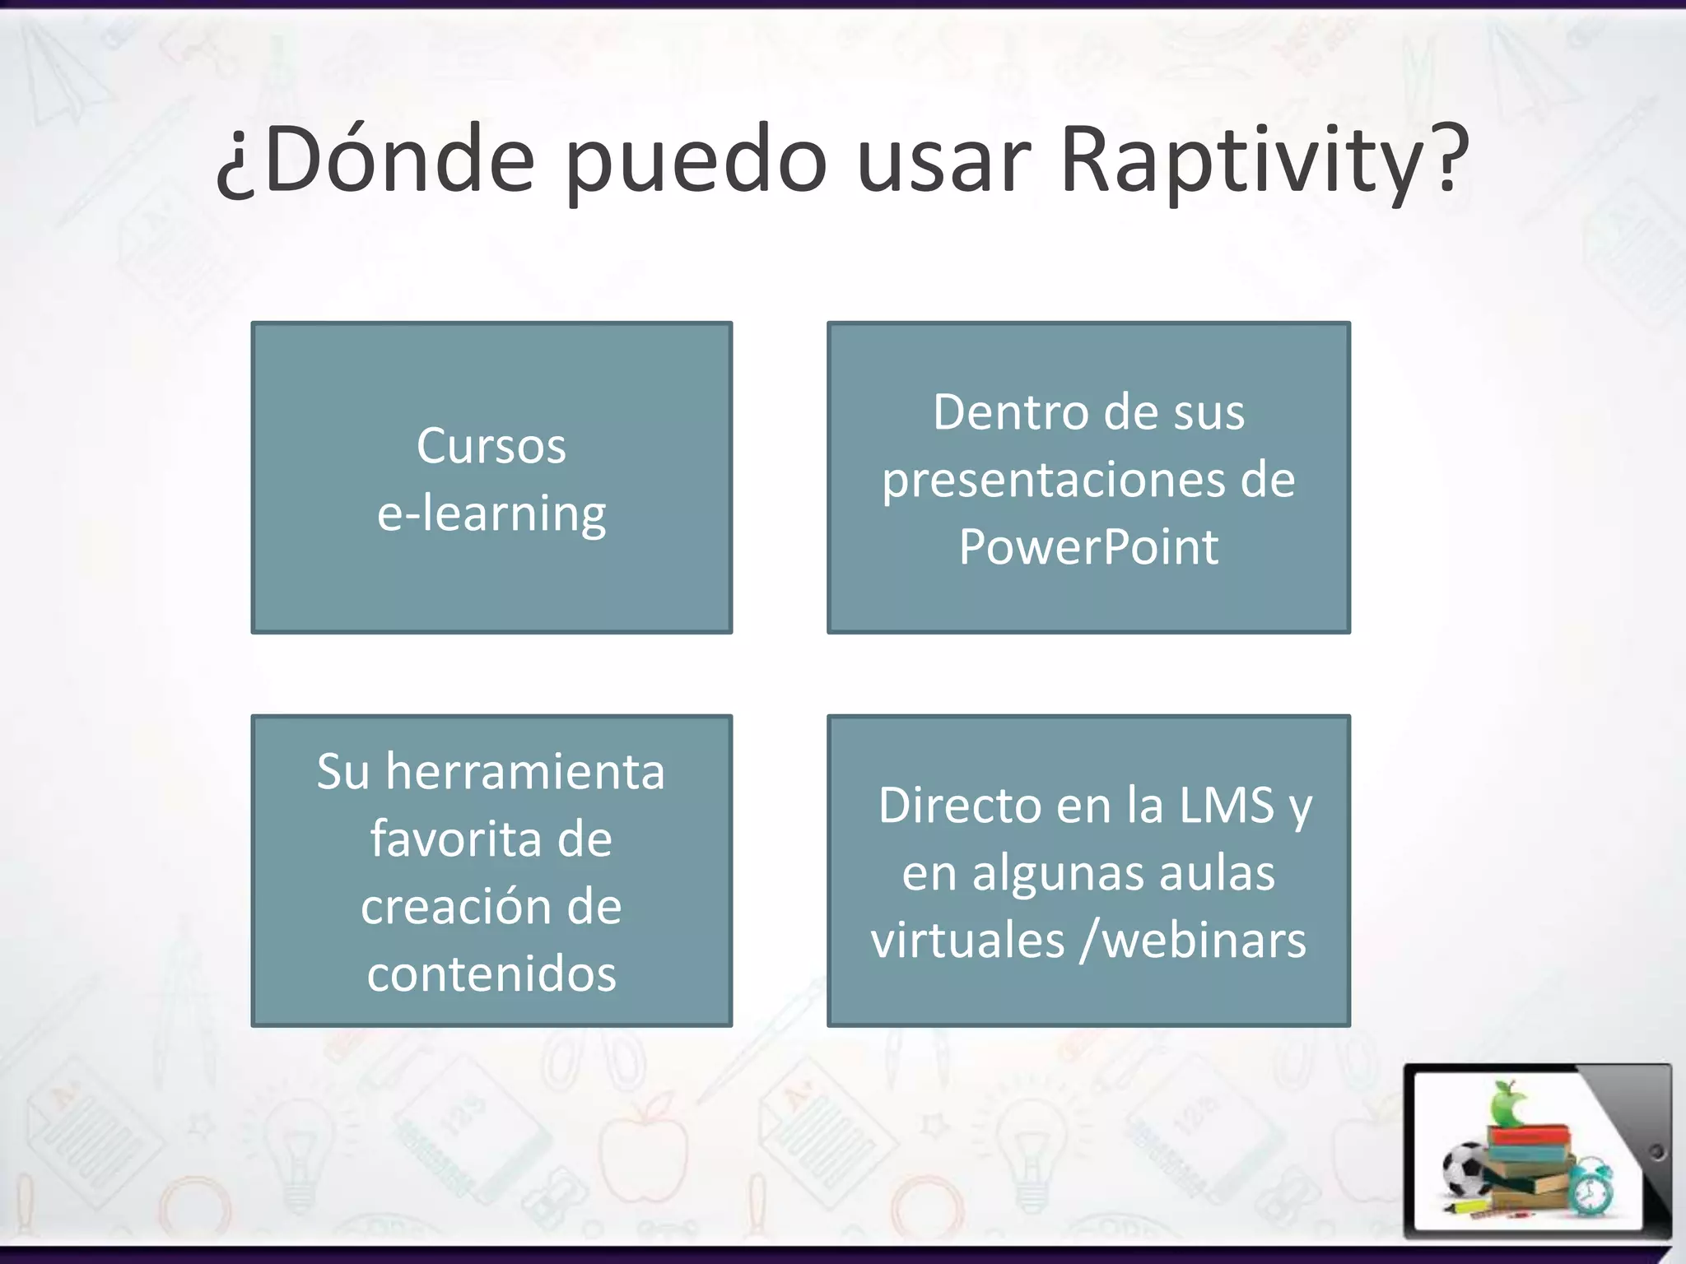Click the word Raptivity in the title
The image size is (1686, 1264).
tap(1264, 160)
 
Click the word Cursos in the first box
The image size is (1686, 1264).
tap(491, 447)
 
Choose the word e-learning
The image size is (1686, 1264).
tap(491, 514)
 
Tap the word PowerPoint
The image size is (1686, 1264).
tap(1088, 547)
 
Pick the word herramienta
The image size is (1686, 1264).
tap(525, 773)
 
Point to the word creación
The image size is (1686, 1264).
tap(455, 908)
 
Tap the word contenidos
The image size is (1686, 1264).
tap(491, 975)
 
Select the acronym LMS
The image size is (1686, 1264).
tap(1227, 806)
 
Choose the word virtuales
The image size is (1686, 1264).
tap(968, 941)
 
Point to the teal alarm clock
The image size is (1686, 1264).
tap(1591, 1186)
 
